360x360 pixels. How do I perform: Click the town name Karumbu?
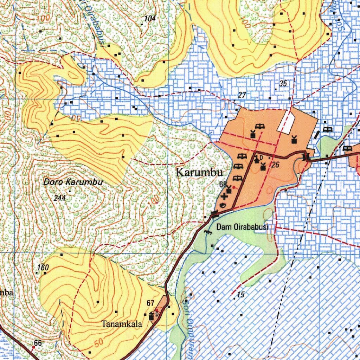coord(199,173)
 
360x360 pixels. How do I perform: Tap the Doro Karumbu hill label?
coord(73,182)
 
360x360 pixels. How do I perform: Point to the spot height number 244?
coord(60,198)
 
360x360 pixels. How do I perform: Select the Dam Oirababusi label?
coord(242,227)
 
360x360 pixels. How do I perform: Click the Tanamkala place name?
coord(122,324)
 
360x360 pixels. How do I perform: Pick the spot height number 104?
coord(150,19)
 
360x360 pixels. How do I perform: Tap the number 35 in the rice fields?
coord(283,84)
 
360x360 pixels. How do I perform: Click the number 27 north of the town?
coord(242,95)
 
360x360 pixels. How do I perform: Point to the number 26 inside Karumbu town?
coord(275,164)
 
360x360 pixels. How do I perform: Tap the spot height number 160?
coord(43,268)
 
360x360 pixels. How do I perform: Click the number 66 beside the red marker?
coord(38,343)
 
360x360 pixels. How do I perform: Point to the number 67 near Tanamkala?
coord(150,303)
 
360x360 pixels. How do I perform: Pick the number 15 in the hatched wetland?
coord(240,295)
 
